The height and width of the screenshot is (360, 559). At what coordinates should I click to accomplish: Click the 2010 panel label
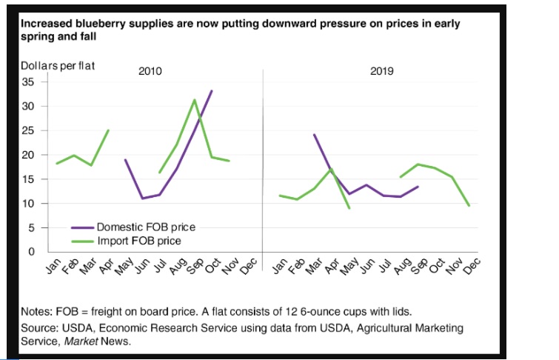pos(150,72)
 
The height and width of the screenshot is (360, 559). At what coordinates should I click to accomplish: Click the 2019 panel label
pos(382,72)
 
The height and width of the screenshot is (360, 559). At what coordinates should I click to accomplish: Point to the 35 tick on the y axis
pos(29,81)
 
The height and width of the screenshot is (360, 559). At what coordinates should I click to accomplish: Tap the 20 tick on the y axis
pos(29,155)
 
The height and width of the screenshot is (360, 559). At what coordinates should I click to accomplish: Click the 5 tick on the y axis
pos(31,227)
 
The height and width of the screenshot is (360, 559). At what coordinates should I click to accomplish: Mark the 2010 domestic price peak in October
pos(212,91)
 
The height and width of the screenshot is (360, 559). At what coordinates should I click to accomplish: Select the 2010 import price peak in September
pos(195,100)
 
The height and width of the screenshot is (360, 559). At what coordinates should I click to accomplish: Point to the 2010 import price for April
pos(109,130)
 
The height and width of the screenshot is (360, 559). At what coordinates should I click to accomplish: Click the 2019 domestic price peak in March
pos(314,135)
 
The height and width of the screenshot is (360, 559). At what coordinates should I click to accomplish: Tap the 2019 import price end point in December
pos(469,205)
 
